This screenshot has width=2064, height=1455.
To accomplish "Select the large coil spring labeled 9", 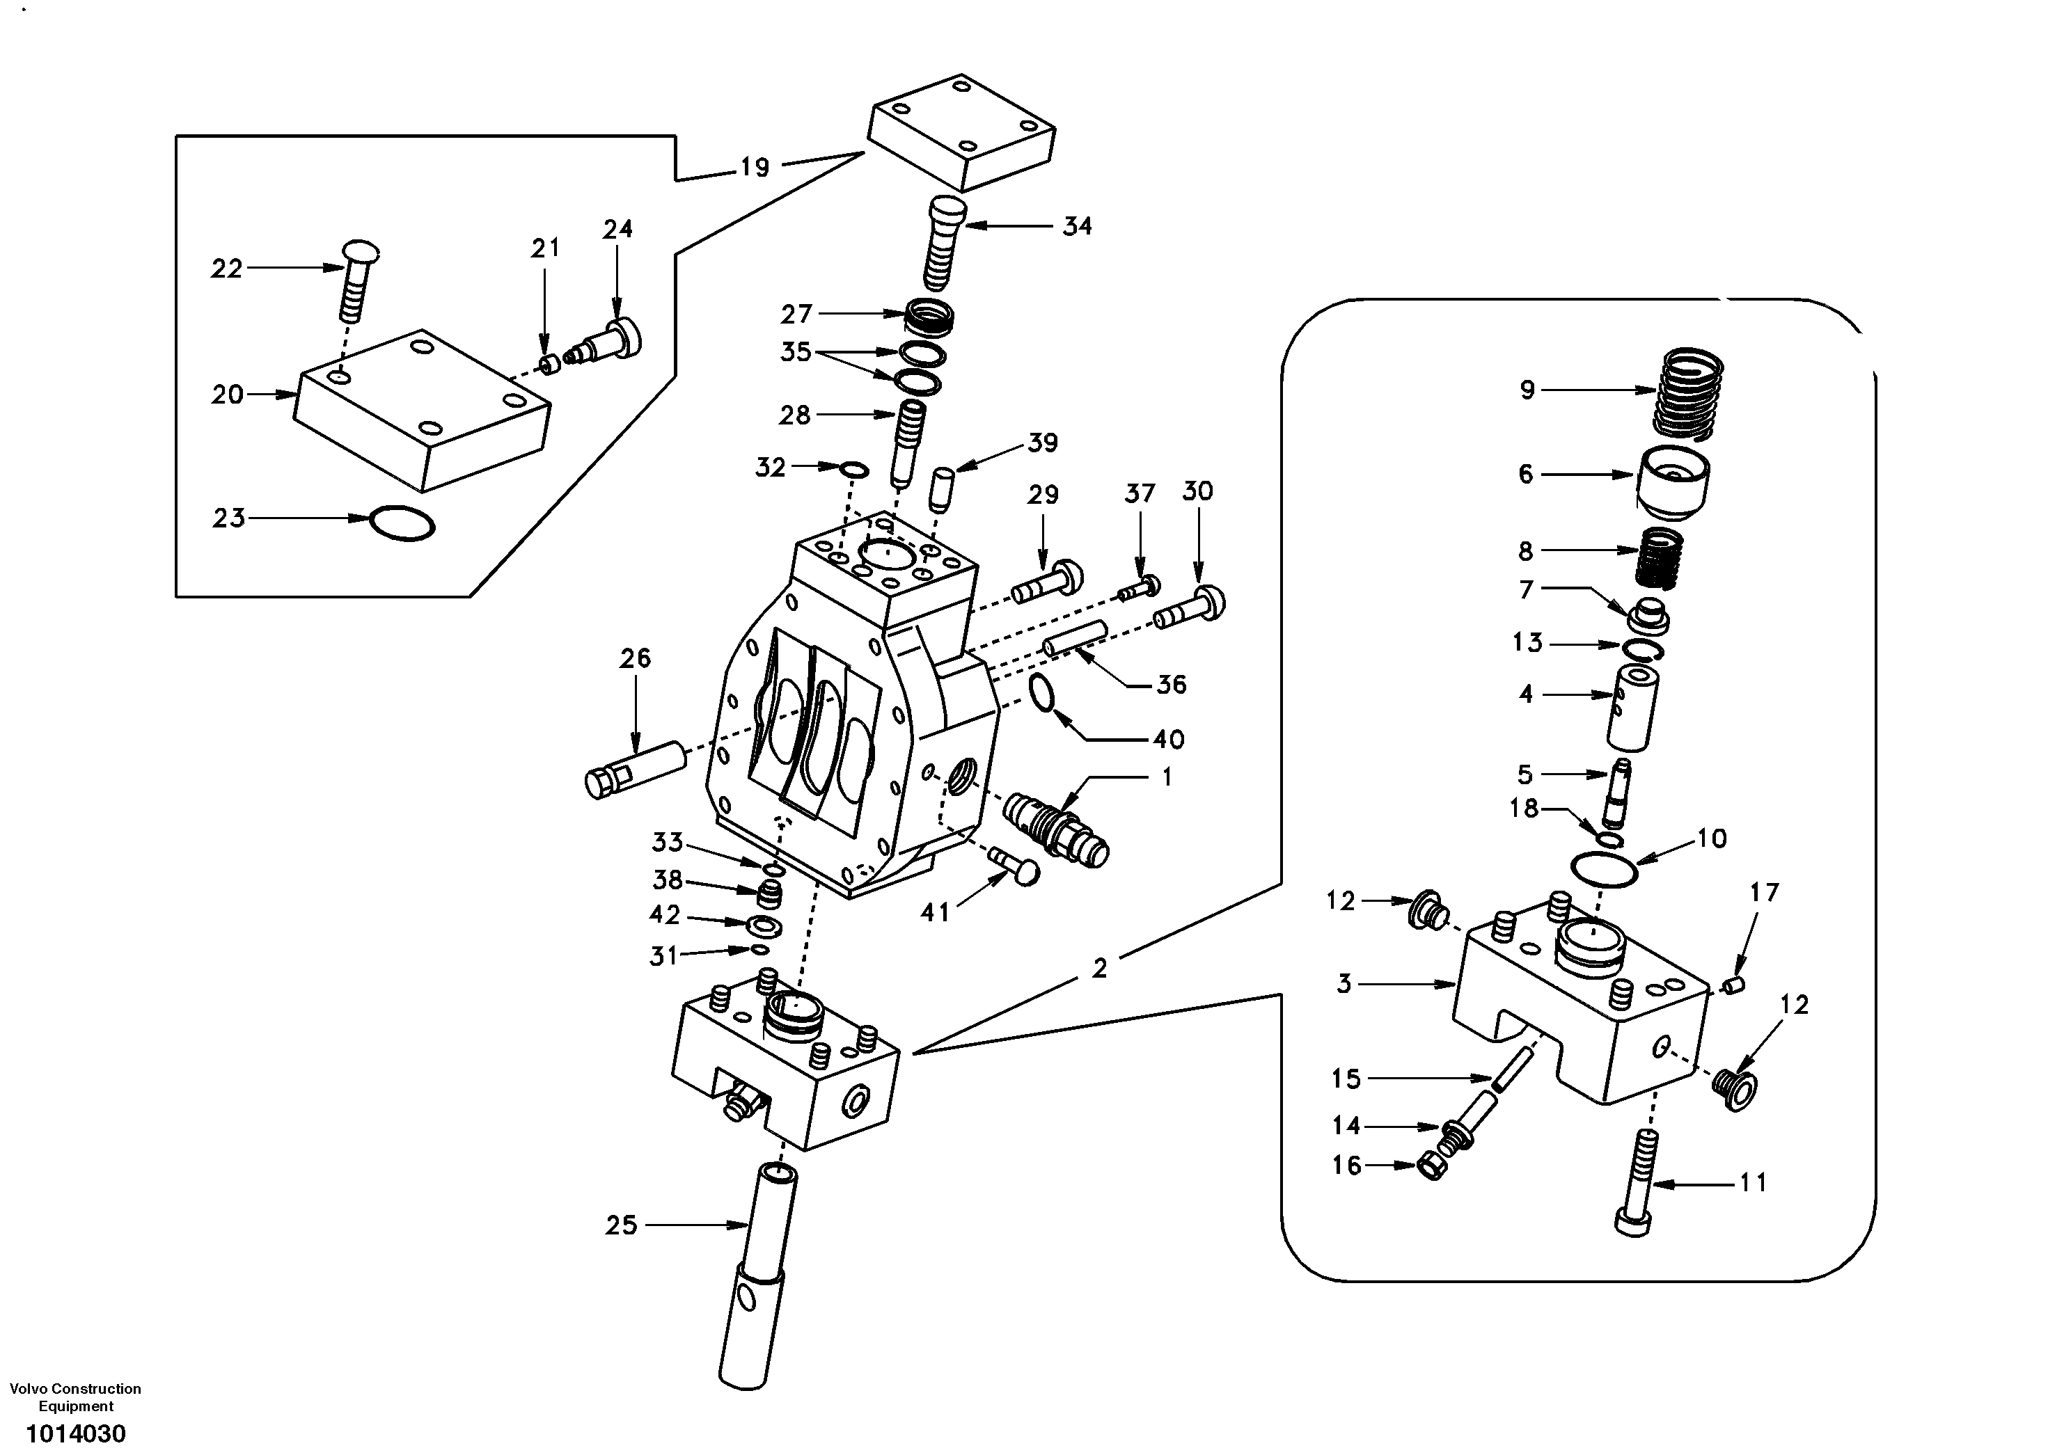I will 1690,395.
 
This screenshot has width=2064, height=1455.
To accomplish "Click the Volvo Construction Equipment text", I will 75,1397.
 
